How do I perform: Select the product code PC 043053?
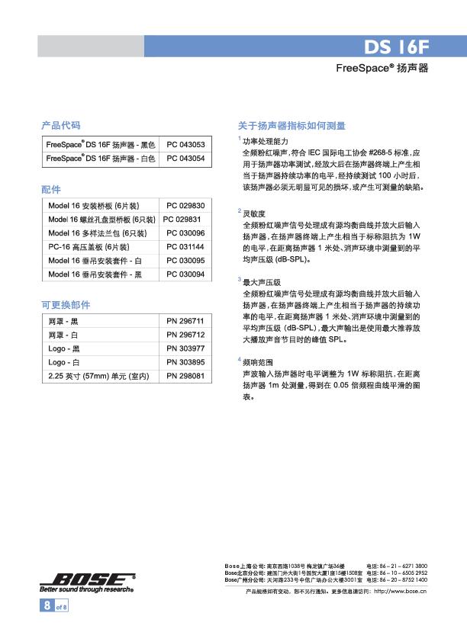tap(185, 144)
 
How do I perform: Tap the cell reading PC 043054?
tap(185, 159)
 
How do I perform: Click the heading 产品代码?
tap(60, 124)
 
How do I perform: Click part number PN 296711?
tap(185, 321)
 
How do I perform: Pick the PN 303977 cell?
tap(185, 348)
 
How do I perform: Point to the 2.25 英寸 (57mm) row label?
tap(98, 376)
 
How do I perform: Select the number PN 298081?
tap(185, 376)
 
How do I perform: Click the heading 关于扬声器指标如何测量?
tap(292, 124)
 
